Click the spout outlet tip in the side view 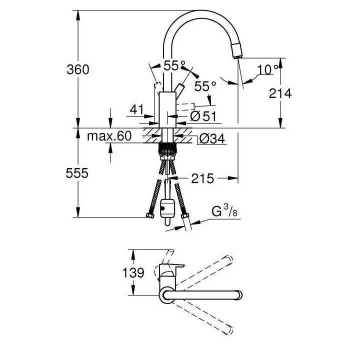237,52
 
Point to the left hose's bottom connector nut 148,216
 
